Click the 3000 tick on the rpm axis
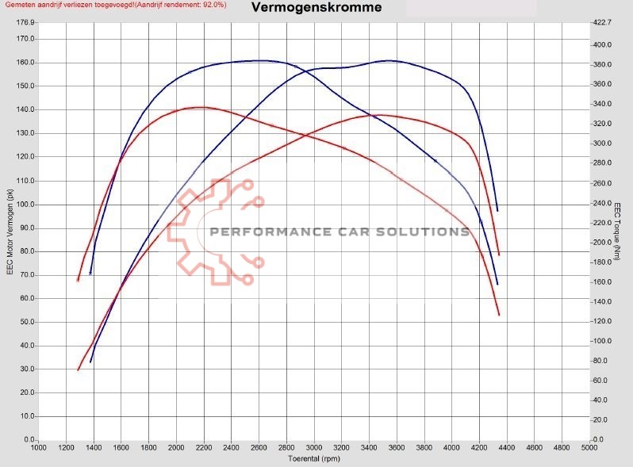click(314, 448)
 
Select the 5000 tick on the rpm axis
click(589, 448)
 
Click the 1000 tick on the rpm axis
click(38, 448)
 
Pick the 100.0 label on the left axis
click(26, 204)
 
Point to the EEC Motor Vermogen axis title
click(10, 231)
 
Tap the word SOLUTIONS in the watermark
click(428, 232)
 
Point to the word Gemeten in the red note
click(20, 5)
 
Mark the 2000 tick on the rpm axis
click(176, 448)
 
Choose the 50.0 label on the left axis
click(27, 322)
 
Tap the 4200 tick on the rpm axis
click(479, 448)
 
